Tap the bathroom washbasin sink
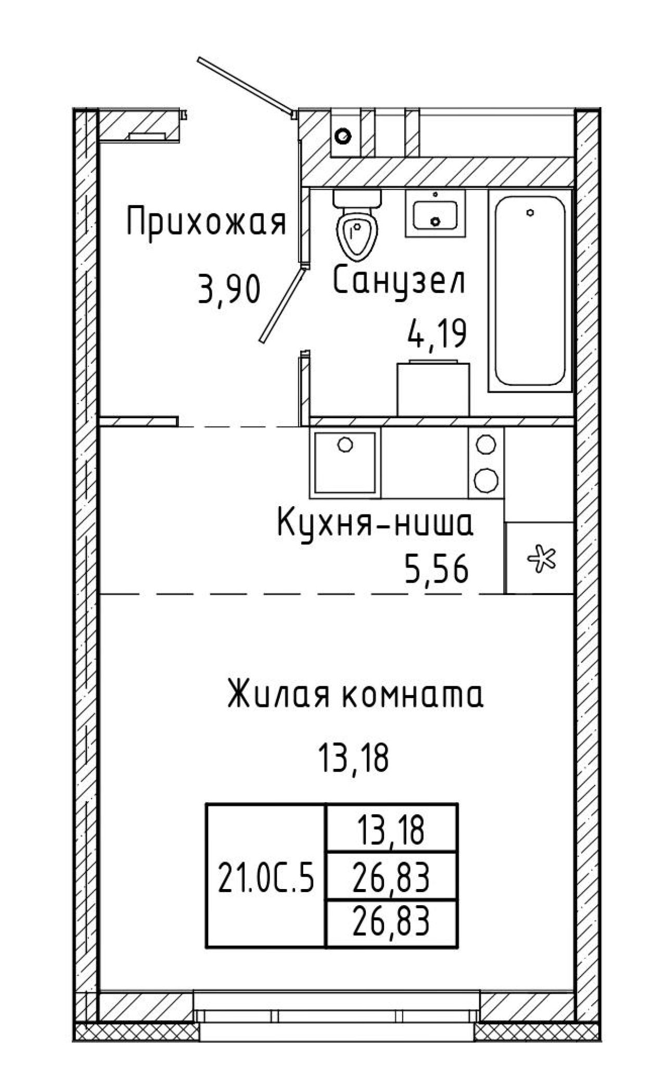click(436, 214)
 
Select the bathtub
click(530, 291)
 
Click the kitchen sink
click(345, 462)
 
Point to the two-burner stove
click(486, 462)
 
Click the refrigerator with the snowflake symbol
click(540, 557)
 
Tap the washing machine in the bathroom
click(433, 388)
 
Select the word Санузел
click(399, 281)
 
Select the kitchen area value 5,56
click(437, 570)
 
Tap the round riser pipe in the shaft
click(343, 136)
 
